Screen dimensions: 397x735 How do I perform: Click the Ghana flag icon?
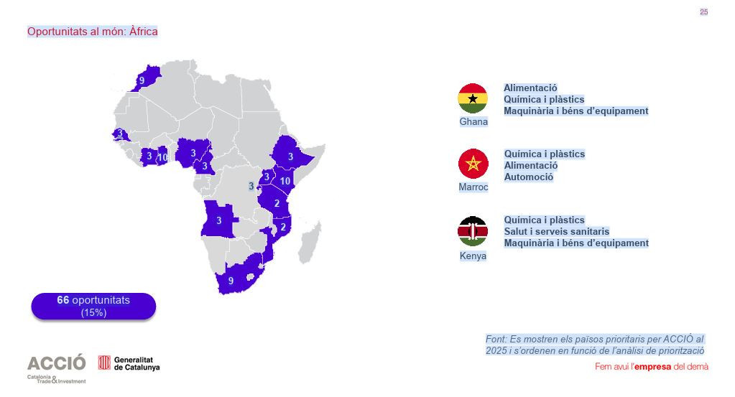[x=473, y=98]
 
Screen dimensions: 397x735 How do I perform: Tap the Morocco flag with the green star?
[x=473, y=164]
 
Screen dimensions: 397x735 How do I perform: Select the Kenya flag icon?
[x=473, y=231]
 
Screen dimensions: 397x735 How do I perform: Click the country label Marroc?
[x=473, y=187]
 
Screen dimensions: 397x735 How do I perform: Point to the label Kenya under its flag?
[x=473, y=256]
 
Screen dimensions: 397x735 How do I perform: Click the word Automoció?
[x=529, y=177]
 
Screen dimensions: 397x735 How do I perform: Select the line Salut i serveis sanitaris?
[x=556, y=231]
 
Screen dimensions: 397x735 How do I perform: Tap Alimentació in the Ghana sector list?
[x=530, y=88]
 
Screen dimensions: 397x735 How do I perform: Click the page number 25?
[x=703, y=11]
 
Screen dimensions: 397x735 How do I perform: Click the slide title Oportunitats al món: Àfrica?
[x=92, y=32]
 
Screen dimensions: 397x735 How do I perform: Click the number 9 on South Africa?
[x=231, y=281]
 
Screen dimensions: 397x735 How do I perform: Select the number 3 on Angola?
[x=219, y=220]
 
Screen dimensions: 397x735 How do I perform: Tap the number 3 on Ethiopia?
[x=290, y=156]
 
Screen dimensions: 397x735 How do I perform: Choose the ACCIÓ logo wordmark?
[x=56, y=363]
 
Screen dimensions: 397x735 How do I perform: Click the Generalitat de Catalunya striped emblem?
[x=104, y=363]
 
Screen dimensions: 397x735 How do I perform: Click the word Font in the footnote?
[x=496, y=339]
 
